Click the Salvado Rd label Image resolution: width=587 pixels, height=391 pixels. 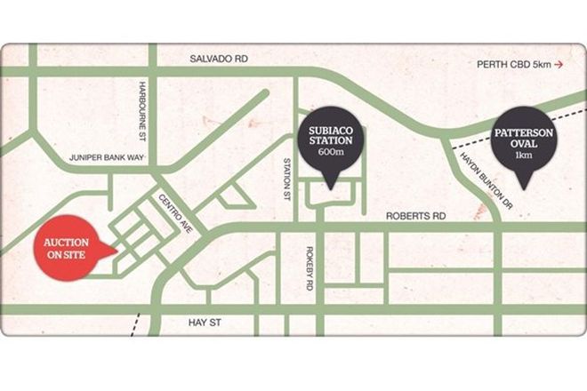[x=219, y=58]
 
